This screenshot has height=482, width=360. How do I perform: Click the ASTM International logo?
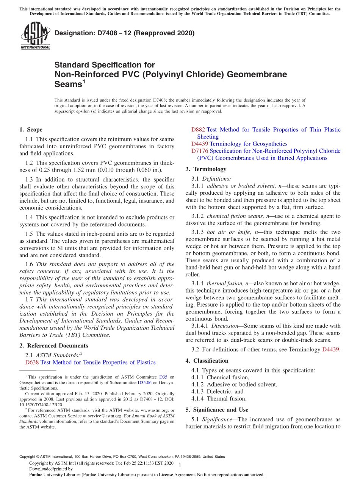click(35, 36)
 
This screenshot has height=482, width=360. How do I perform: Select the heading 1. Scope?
click(31, 130)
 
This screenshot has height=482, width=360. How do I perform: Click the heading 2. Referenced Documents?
click(54, 346)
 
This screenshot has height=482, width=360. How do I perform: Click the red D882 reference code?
click(198, 130)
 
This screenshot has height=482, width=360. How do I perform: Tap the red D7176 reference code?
click(200, 151)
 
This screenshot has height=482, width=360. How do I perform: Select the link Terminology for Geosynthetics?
click(248, 144)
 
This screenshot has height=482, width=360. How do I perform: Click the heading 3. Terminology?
click(206, 169)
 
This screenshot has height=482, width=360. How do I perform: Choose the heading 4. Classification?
click(207, 361)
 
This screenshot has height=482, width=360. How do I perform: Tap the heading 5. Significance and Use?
click(217, 410)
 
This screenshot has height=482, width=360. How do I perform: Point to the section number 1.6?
click(30, 264)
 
